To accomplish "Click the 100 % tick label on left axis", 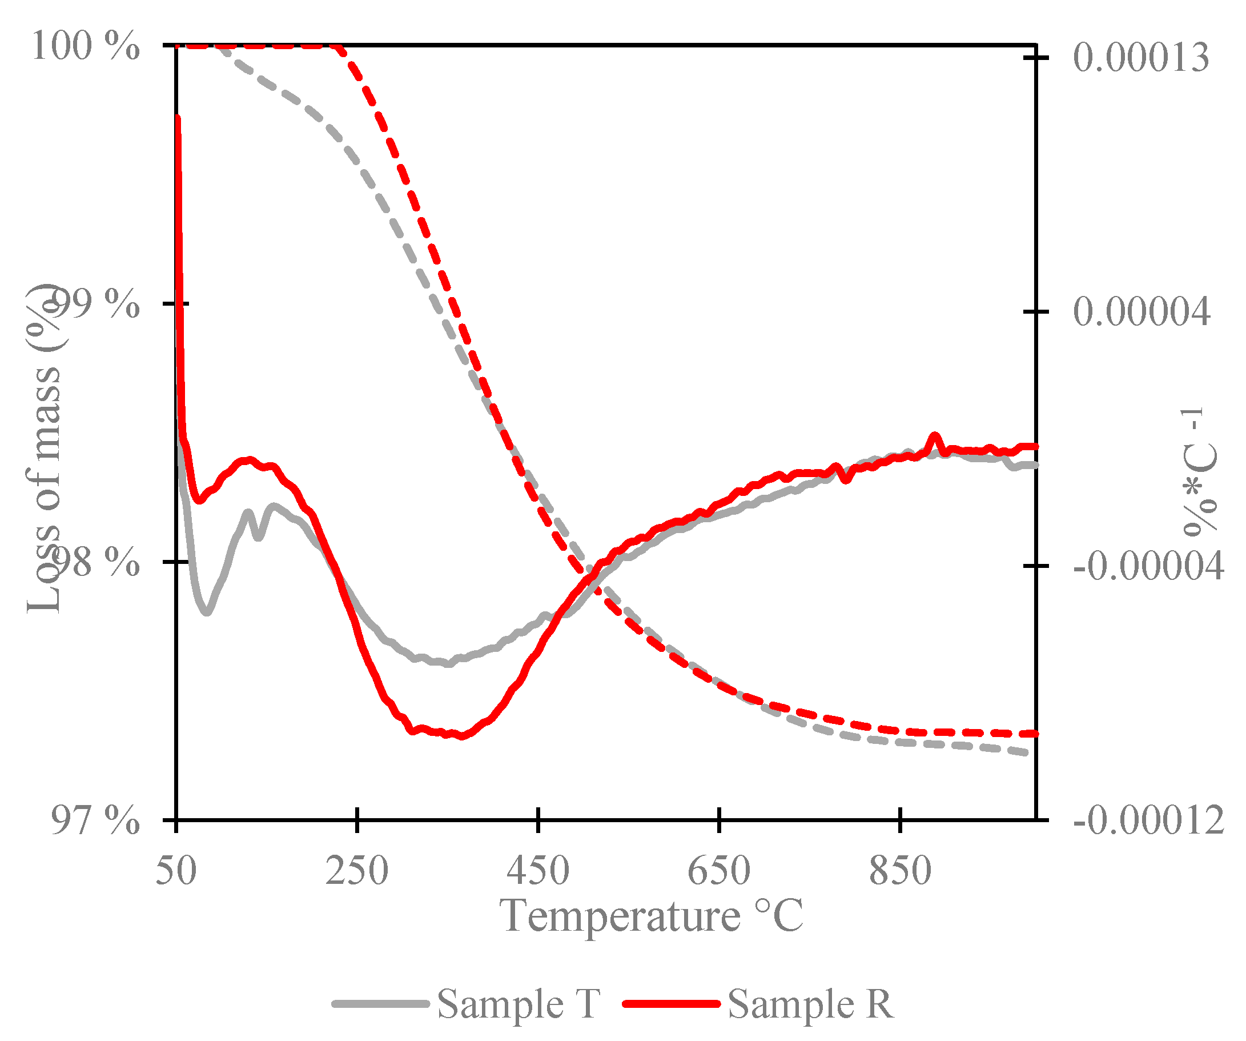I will tap(86, 46).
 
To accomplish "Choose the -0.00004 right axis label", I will tap(1148, 566).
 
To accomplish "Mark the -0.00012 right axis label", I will tap(1148, 821).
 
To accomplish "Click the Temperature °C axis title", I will tap(651, 916).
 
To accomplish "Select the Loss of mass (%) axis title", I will tap(45, 448).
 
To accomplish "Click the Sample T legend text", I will tap(518, 1004).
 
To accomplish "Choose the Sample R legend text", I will tap(810, 1004).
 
